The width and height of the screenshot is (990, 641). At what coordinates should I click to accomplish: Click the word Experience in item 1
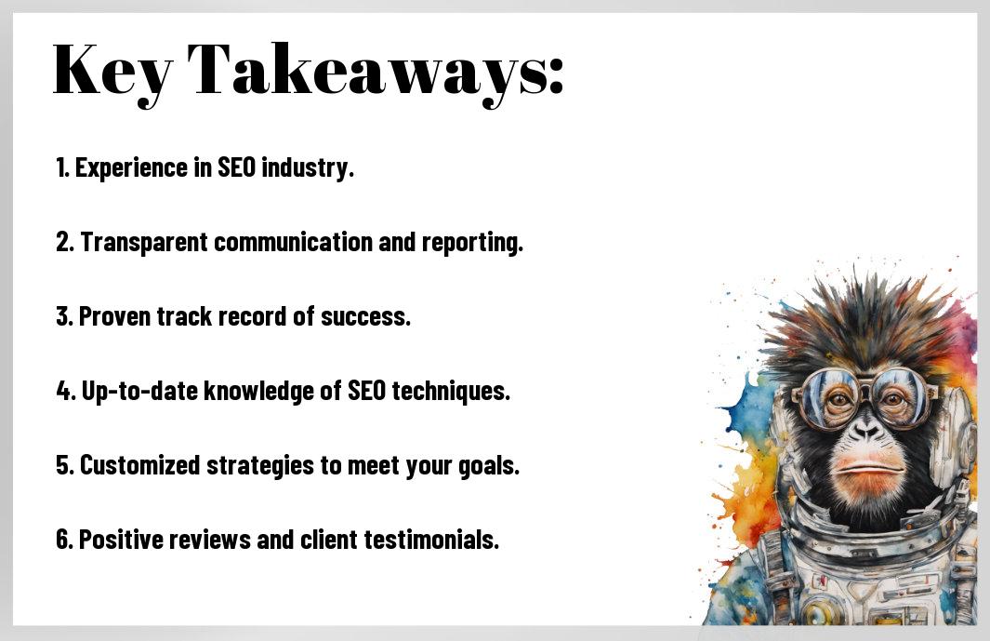click(131, 168)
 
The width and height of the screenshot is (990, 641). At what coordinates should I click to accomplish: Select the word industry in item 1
click(308, 167)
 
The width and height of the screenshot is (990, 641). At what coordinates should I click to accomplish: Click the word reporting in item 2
click(472, 243)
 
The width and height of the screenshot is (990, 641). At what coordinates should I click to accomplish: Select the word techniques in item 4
click(451, 392)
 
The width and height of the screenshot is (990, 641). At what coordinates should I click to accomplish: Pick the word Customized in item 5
click(140, 465)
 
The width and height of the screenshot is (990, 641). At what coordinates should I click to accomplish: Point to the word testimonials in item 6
click(431, 540)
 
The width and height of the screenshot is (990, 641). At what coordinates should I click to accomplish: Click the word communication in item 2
click(294, 242)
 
